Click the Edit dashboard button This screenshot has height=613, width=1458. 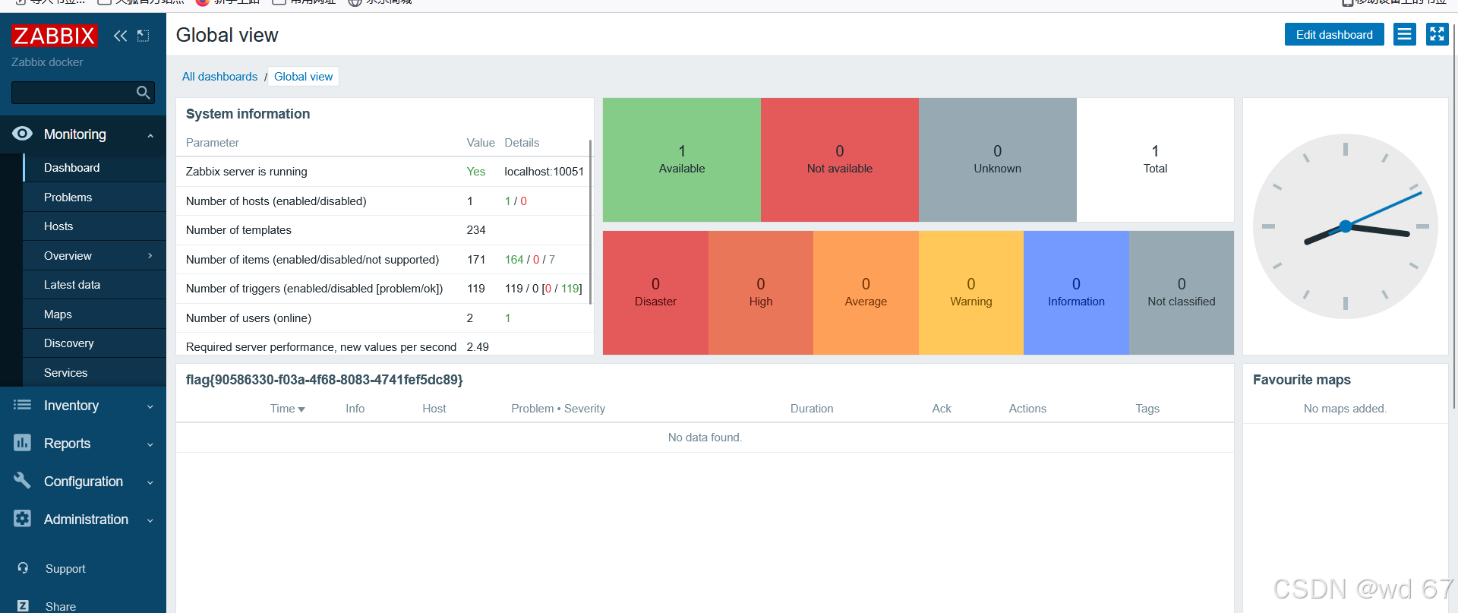(x=1333, y=35)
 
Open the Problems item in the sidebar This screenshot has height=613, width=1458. (x=68, y=197)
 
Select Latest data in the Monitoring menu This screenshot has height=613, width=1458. (x=72, y=285)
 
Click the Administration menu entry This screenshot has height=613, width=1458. (x=86, y=520)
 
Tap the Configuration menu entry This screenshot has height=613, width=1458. (x=84, y=482)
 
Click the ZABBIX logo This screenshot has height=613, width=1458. (x=55, y=36)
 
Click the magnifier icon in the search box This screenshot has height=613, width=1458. (x=143, y=93)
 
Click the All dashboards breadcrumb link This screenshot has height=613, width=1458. (x=219, y=77)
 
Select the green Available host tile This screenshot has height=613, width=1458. (x=681, y=160)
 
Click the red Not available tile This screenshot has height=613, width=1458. (x=839, y=160)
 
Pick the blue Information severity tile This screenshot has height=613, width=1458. (x=1076, y=292)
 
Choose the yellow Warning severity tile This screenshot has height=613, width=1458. (x=970, y=292)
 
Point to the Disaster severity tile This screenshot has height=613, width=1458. (x=655, y=292)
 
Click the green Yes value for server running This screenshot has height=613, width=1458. (x=475, y=172)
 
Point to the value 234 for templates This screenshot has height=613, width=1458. (x=476, y=230)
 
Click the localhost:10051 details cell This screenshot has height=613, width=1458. (x=544, y=172)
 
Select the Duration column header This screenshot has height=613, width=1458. (x=811, y=409)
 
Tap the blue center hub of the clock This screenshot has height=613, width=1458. (x=1346, y=226)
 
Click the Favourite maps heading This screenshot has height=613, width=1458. (x=1301, y=380)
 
